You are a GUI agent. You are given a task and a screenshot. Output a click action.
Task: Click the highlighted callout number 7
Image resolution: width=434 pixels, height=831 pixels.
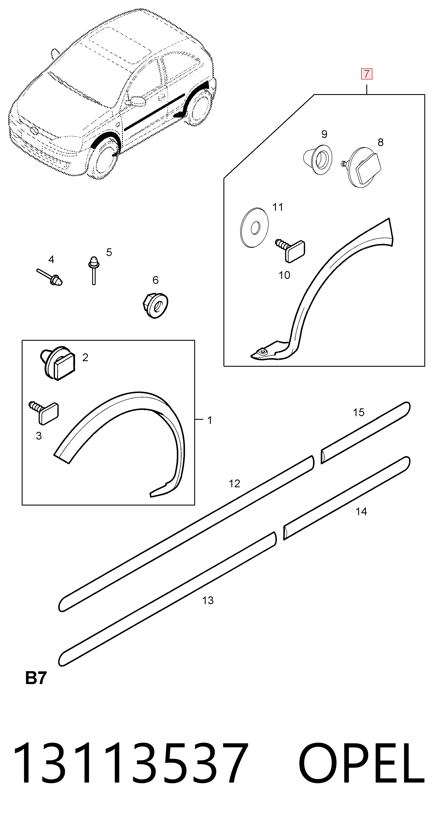[x=366, y=74]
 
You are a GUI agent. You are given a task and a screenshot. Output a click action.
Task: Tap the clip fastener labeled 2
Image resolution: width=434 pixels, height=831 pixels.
[x=57, y=364]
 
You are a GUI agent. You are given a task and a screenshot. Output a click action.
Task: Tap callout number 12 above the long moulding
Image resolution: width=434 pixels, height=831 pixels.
[x=234, y=483]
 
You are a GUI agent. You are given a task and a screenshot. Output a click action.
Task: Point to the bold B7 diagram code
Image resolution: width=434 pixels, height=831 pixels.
[x=36, y=678]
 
